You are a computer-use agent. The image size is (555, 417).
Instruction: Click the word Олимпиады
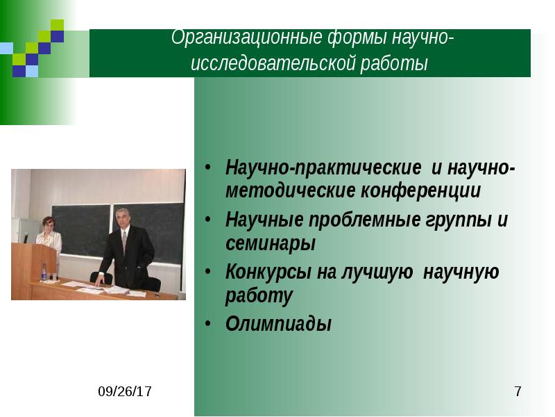pyautogui.click(x=278, y=324)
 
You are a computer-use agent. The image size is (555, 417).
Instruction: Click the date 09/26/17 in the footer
pyautogui.click(x=125, y=393)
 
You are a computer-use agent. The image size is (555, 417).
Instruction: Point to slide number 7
pyautogui.click(x=518, y=393)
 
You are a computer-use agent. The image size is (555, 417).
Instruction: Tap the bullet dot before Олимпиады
pyautogui.click(x=208, y=325)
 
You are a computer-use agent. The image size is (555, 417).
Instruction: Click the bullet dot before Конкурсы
pyautogui.click(x=208, y=272)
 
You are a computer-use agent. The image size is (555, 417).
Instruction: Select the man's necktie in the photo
pyautogui.click(x=124, y=243)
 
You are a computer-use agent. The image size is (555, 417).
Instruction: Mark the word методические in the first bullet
pyautogui.click(x=290, y=190)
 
